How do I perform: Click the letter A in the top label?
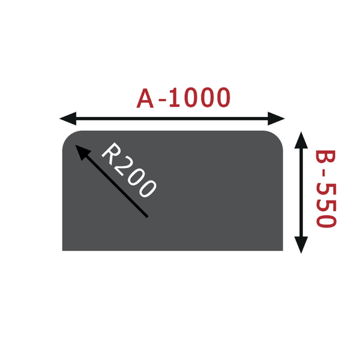(145, 98)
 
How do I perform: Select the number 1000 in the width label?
(199, 98)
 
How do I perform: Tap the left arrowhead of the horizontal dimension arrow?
(68, 118)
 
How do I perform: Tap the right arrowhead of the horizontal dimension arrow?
(276, 118)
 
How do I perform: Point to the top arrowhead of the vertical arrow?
(301, 140)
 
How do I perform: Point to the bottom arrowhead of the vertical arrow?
(301, 245)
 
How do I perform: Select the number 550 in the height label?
(326, 205)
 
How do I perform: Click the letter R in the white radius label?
(112, 154)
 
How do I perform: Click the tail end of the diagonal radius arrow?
(148, 217)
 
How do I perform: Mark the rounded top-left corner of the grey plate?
(69, 137)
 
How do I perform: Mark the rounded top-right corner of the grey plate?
(277, 137)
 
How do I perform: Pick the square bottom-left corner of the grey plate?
(62, 250)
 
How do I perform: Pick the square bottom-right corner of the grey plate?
(283, 250)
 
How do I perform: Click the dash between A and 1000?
(162, 100)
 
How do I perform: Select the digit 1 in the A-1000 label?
(175, 98)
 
